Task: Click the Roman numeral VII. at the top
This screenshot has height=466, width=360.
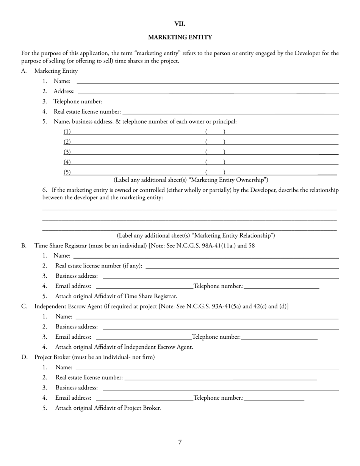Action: pyautogui.click(x=180, y=24)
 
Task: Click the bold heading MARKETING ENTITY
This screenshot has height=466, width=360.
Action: pyautogui.click(x=180, y=37)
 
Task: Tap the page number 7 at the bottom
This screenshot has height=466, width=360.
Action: pyautogui.click(x=180, y=442)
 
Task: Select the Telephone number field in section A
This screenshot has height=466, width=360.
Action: pyautogui.click(x=221, y=102)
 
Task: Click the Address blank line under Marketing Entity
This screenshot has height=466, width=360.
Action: pyautogui.click(x=208, y=91)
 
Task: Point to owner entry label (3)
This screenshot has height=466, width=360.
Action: pyautogui.click(x=67, y=152)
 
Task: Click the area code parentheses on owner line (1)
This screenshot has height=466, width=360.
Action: pyautogui.click(x=215, y=132)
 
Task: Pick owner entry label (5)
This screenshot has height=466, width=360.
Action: pyautogui.click(x=67, y=172)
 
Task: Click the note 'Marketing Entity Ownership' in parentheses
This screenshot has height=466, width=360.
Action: pyautogui.click(x=191, y=180)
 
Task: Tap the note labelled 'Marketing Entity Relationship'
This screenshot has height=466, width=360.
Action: pyautogui.click(x=196, y=236)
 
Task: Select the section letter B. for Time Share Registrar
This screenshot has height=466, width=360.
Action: pyautogui.click(x=24, y=246)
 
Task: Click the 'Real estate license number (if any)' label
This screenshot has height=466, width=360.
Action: pyautogui.click(x=99, y=266)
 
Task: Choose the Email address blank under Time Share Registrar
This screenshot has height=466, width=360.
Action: pyautogui.click(x=144, y=286)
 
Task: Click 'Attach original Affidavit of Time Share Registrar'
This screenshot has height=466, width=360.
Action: pyautogui.click(x=116, y=296)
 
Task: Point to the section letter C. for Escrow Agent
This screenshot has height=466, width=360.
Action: pyautogui.click(x=24, y=306)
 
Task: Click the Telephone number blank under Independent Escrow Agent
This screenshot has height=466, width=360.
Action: pyautogui.click(x=279, y=337)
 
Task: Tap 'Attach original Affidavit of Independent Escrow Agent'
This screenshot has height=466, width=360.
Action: pyautogui.click(x=124, y=347)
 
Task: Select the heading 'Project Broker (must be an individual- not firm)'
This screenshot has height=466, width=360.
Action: pyautogui.click(x=95, y=357)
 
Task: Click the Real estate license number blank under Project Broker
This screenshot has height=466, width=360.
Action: pyautogui.click(x=220, y=377)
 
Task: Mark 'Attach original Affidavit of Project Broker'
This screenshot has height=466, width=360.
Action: pyautogui.click(x=108, y=408)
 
